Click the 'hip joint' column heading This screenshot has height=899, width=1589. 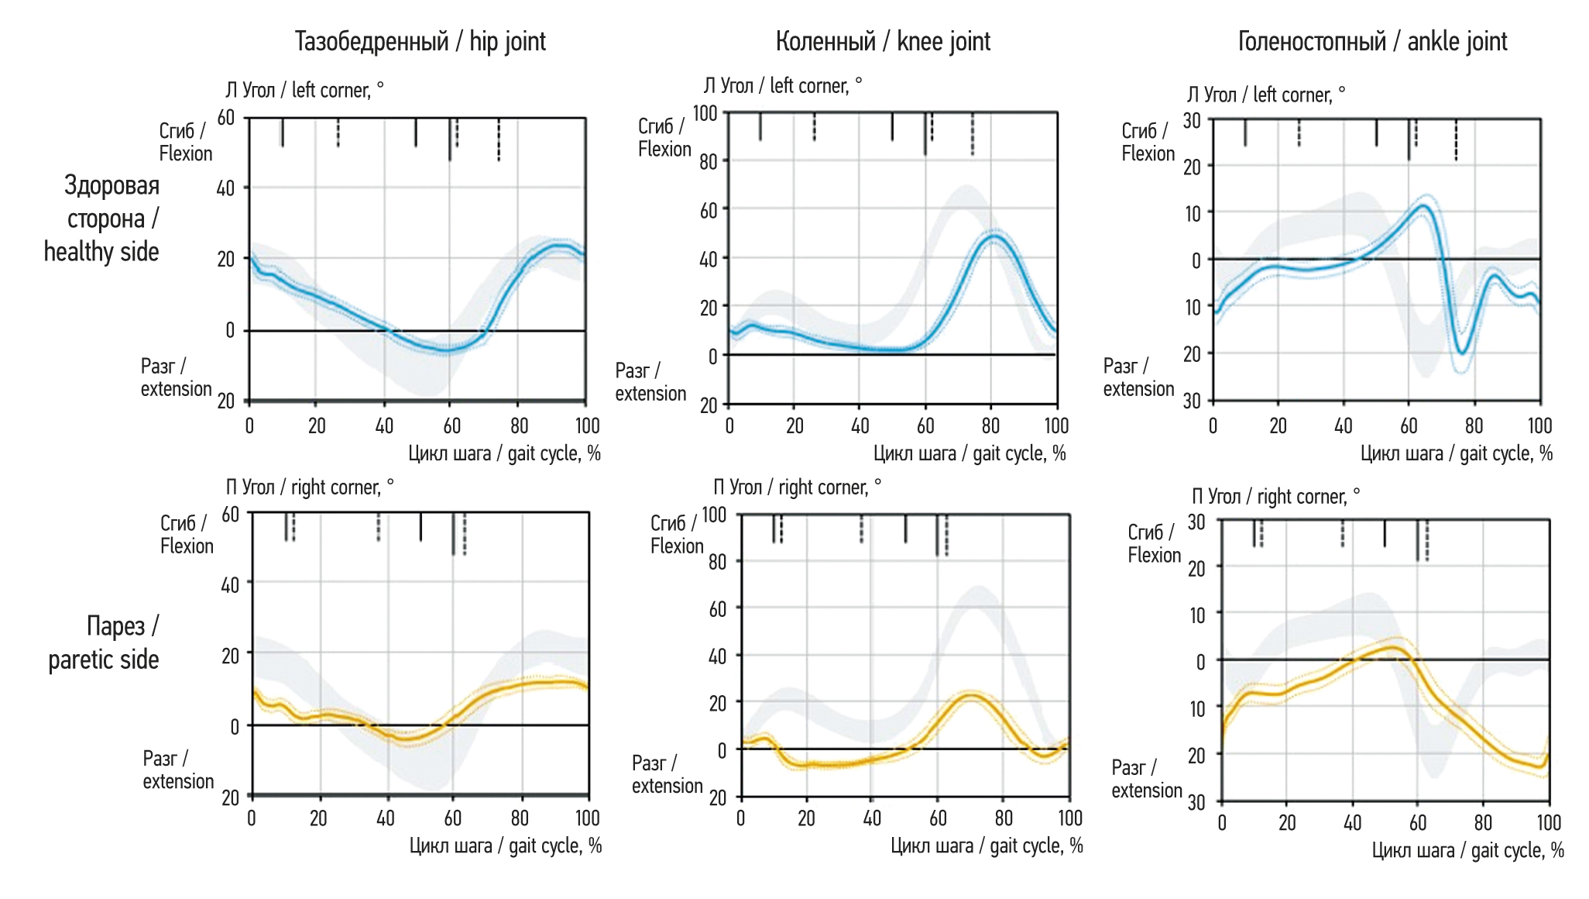pyautogui.click(x=420, y=42)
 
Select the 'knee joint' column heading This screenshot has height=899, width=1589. pyautogui.click(x=883, y=42)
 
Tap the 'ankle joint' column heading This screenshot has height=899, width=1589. pyautogui.click(x=1372, y=42)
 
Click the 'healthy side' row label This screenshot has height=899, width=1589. pyautogui.click(x=101, y=219)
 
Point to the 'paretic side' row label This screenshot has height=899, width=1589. pyautogui.click(x=104, y=642)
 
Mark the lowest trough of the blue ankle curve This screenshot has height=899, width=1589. pyautogui.click(x=1462, y=353)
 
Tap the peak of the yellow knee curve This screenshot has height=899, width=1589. pyautogui.click(x=971, y=695)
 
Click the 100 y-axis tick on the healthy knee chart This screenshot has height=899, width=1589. pyautogui.click(x=705, y=114)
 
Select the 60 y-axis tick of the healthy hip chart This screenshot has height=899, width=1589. pyautogui.click(x=226, y=119)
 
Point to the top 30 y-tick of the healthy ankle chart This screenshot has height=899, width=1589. pyautogui.click(x=1193, y=121)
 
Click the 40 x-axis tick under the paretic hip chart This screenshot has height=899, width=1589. pyautogui.click(x=386, y=818)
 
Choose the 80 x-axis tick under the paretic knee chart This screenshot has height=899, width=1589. pyautogui.click(x=1004, y=818)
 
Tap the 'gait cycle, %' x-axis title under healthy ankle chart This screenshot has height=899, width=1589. pyautogui.click(x=1456, y=454)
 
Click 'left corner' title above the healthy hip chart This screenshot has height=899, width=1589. pyautogui.click(x=304, y=91)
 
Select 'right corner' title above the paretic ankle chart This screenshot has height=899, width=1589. pyautogui.click(x=1275, y=497)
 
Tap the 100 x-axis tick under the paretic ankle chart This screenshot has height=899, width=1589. pyautogui.click(x=1549, y=823)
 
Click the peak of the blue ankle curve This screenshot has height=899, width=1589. pyautogui.click(x=1423, y=205)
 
